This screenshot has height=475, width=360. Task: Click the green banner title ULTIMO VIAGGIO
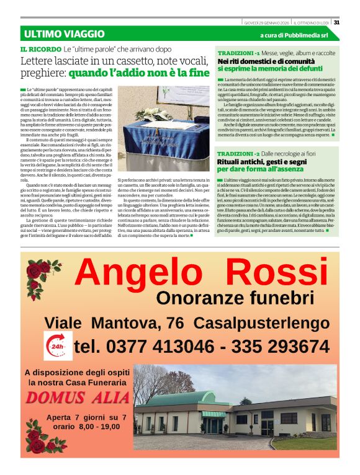click(x=64, y=34)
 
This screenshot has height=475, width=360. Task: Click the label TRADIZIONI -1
click(x=239, y=53)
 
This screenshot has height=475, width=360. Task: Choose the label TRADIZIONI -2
click(x=239, y=153)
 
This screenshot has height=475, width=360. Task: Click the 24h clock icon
click(x=57, y=345)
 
